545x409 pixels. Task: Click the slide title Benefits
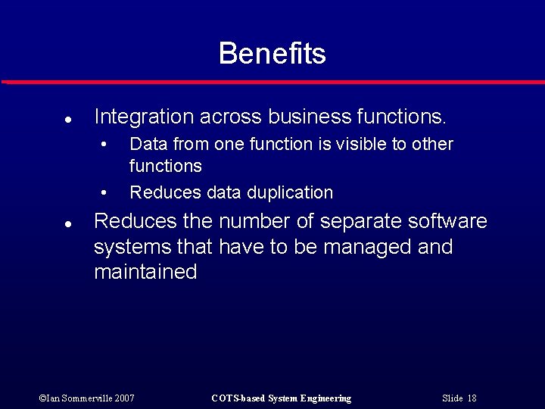tap(272, 54)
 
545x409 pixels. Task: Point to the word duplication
tap(291, 192)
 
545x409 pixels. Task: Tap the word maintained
tap(145, 272)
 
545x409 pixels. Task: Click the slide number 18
tap(472, 398)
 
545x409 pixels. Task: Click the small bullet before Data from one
tap(105, 145)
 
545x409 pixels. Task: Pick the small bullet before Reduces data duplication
tap(105, 193)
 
